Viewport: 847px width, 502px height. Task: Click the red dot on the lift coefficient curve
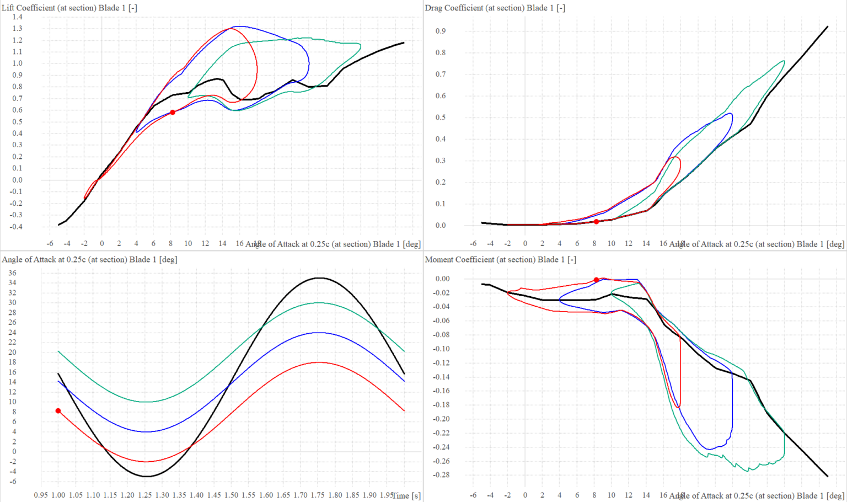tap(173, 113)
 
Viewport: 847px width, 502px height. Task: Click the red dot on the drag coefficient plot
tap(596, 222)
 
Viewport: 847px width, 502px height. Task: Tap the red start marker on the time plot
tap(58, 411)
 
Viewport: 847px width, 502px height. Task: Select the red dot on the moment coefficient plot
tap(596, 280)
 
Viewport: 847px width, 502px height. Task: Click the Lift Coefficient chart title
tap(69, 8)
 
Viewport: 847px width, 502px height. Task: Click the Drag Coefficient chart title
tap(495, 8)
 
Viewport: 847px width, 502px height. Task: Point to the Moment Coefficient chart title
tap(500, 259)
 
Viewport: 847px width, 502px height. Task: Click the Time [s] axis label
tap(406, 495)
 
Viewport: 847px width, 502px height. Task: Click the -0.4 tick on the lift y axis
tap(16, 227)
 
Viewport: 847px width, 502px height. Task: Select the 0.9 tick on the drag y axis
tap(441, 31)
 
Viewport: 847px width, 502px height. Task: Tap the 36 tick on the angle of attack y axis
tap(12, 273)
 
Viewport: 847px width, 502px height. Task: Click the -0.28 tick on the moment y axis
tap(442, 475)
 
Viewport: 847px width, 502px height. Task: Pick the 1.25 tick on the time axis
tap(144, 495)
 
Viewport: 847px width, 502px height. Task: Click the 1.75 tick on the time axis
tap(318, 495)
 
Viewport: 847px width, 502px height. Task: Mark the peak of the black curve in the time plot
tap(318, 277)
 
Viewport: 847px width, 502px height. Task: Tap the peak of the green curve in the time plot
tap(318, 303)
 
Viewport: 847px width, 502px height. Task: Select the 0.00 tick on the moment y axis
tap(442, 279)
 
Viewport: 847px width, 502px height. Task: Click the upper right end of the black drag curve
tap(828, 26)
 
